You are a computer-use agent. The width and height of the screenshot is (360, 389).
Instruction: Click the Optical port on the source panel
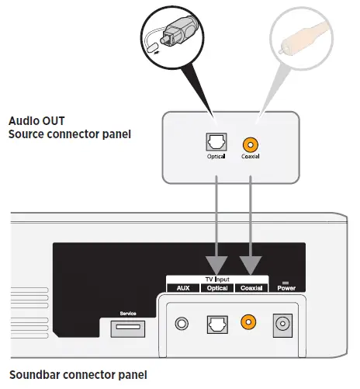tap(215, 144)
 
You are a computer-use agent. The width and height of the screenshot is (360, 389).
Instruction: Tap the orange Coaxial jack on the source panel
tap(248, 144)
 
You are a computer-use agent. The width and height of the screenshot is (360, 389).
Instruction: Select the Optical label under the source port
tap(215, 158)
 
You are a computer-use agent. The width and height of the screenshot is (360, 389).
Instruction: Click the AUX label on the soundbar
tap(183, 287)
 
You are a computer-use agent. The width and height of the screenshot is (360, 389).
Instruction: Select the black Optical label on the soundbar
tap(216, 287)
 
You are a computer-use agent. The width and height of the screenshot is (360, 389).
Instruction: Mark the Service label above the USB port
tap(128, 314)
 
